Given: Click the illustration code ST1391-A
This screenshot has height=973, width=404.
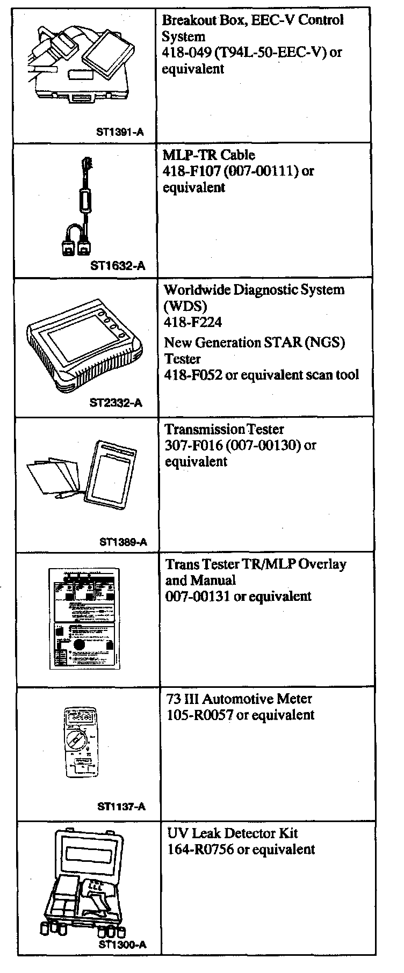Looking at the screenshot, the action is point(120,132).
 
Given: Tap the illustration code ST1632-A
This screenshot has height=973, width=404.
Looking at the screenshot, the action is point(118,265).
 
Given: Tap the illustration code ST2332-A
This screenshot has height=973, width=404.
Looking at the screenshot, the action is point(116,403).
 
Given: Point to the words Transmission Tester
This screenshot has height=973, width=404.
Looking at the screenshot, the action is point(225,430).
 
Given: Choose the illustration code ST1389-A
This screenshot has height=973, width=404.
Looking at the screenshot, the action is point(123,542).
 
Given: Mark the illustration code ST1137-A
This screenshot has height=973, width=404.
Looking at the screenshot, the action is point(121,807).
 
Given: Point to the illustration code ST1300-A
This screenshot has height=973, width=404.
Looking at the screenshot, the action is point(122,946).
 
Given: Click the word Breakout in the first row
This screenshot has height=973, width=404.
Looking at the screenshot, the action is point(185,20).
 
